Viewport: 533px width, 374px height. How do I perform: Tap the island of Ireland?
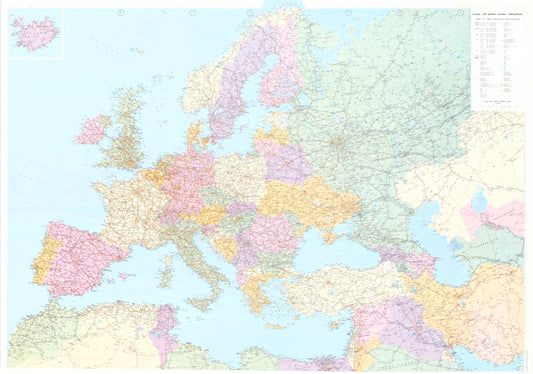pos(94,129)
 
